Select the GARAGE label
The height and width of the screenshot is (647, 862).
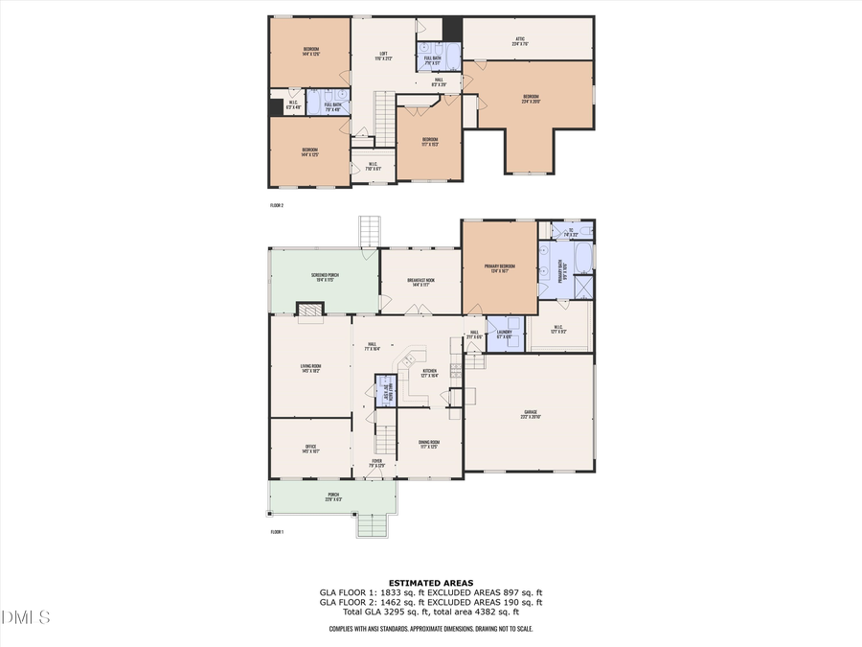click(530, 415)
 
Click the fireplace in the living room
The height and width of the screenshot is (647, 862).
click(308, 311)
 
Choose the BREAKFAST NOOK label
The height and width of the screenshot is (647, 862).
click(421, 281)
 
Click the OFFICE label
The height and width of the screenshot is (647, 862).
click(310, 447)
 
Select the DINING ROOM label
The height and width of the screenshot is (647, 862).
click(428, 443)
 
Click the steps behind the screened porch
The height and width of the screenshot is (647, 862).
click(371, 232)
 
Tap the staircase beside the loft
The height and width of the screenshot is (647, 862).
click(384, 119)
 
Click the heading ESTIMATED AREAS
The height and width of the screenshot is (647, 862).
click(430, 583)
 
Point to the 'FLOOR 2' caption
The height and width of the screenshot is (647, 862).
click(277, 205)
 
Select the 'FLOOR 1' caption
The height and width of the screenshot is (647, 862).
click(277, 531)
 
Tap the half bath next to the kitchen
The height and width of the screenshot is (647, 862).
click(385, 394)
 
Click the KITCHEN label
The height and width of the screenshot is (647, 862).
click(430, 374)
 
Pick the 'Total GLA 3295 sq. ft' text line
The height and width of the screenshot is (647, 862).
click(430, 612)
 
